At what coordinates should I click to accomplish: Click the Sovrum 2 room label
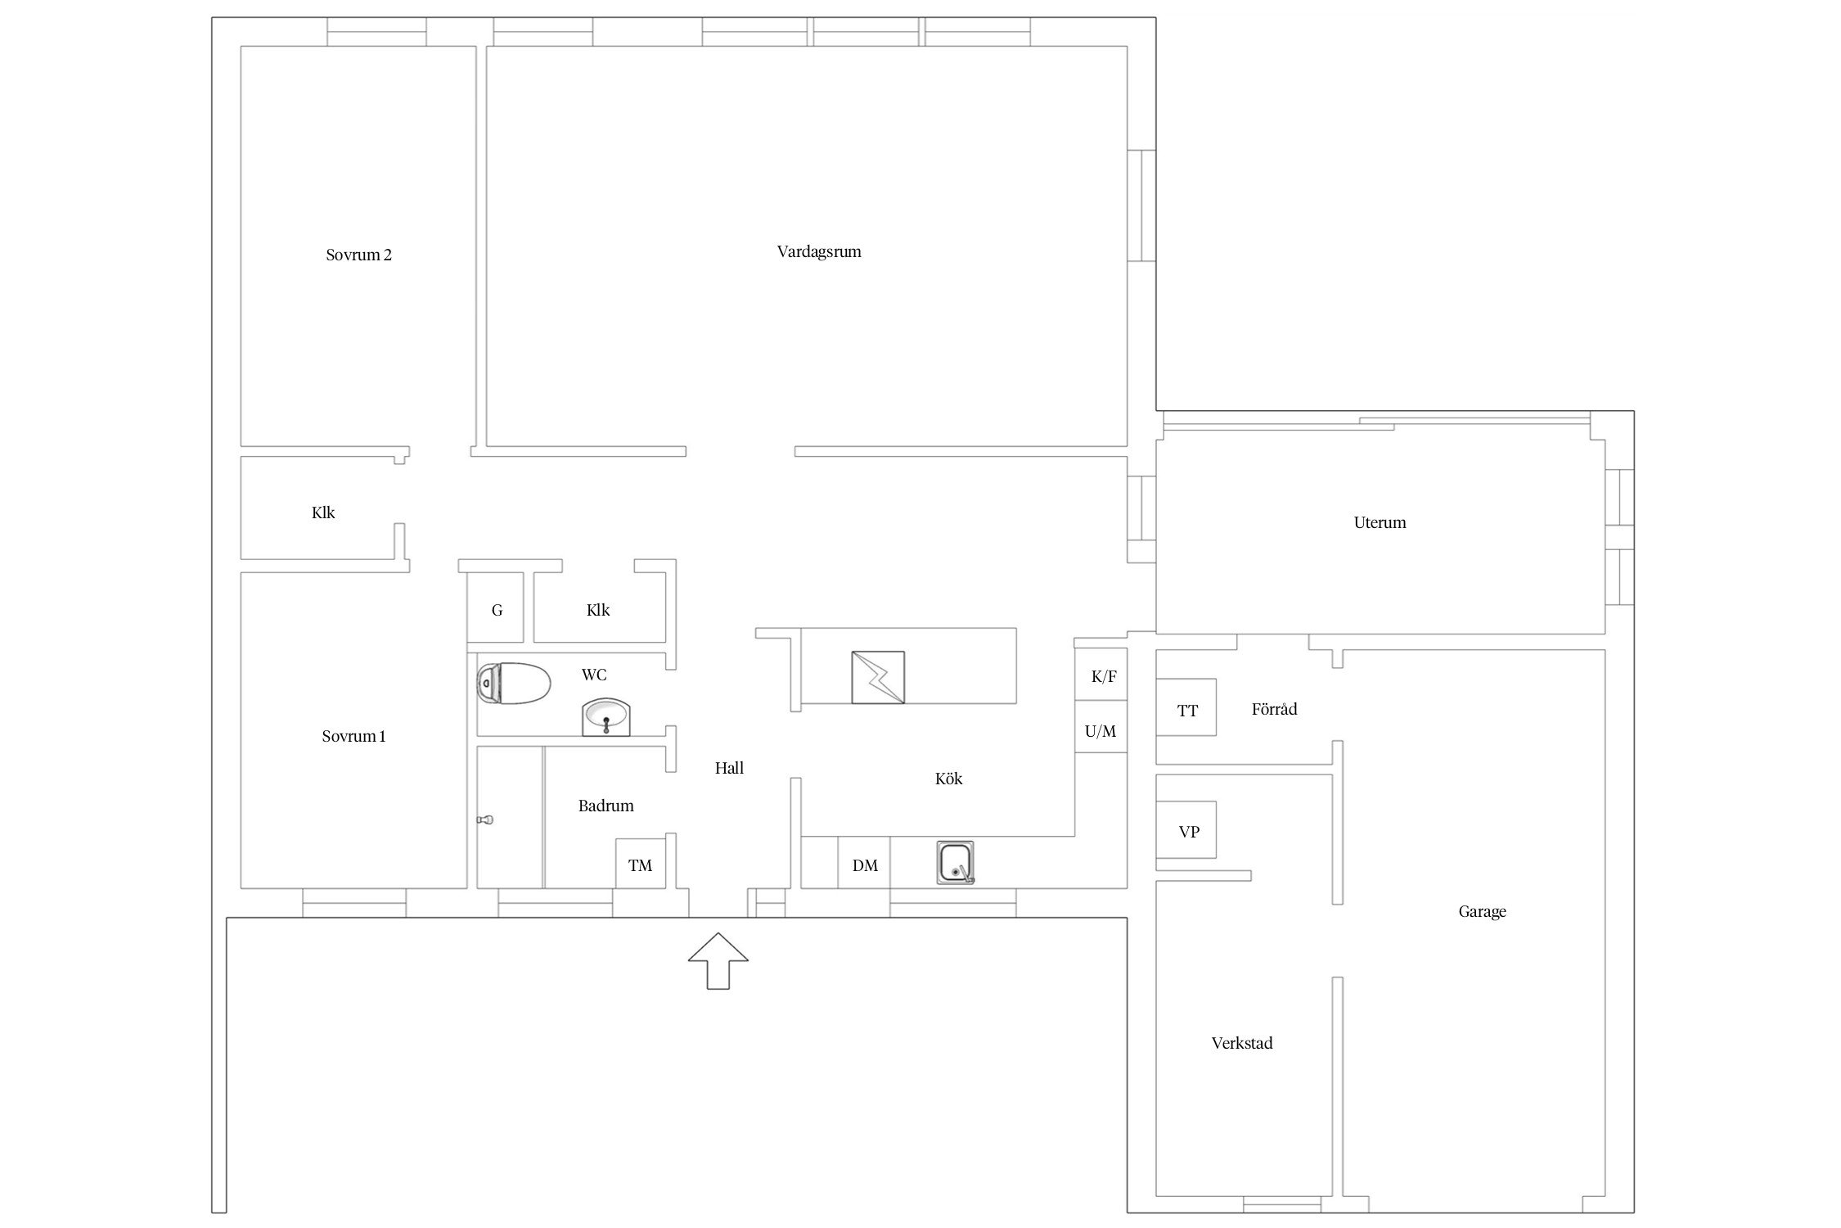pyautogui.click(x=358, y=255)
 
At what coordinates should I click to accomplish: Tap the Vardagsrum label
pyautogui.click(x=819, y=251)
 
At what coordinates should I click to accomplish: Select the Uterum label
pyautogui.click(x=1380, y=522)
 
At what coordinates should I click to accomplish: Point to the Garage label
pyautogui.click(x=1482, y=911)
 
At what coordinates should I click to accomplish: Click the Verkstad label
pyautogui.click(x=1242, y=1043)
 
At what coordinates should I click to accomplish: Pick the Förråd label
pyautogui.click(x=1274, y=709)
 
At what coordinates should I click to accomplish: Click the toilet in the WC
pyautogui.click(x=513, y=683)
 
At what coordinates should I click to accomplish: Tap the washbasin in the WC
pyautogui.click(x=606, y=718)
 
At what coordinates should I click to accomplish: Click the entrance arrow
pyautogui.click(x=718, y=960)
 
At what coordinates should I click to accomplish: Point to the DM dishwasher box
pyautogui.click(x=864, y=862)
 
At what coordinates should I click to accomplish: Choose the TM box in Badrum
pyautogui.click(x=641, y=863)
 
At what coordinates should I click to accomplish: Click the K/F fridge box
pyautogui.click(x=1101, y=675)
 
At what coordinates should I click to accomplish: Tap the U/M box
pyautogui.click(x=1101, y=726)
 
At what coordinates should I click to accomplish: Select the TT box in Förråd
pyautogui.click(x=1186, y=707)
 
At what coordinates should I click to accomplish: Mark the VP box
pyautogui.click(x=1186, y=829)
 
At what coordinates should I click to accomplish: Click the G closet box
pyautogui.click(x=495, y=607)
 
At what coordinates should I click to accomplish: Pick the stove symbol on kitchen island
pyautogui.click(x=878, y=678)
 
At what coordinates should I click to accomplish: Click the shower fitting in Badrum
pyautogui.click(x=486, y=819)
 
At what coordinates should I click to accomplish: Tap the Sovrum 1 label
pyautogui.click(x=353, y=736)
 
